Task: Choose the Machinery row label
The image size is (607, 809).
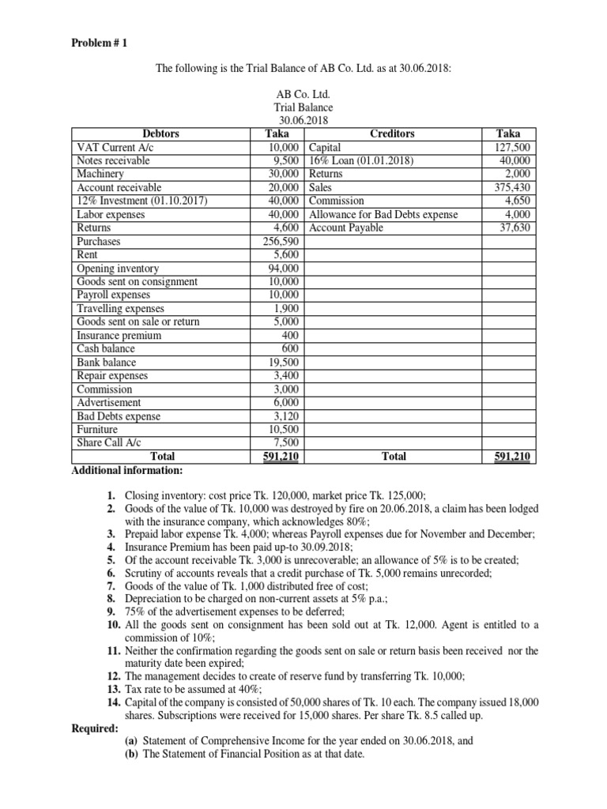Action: (100, 174)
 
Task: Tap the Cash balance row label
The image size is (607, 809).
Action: (106, 349)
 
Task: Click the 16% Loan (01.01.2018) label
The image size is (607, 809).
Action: (364, 160)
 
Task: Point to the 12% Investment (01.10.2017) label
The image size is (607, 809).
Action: (141, 201)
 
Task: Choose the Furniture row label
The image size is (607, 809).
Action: (97, 430)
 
